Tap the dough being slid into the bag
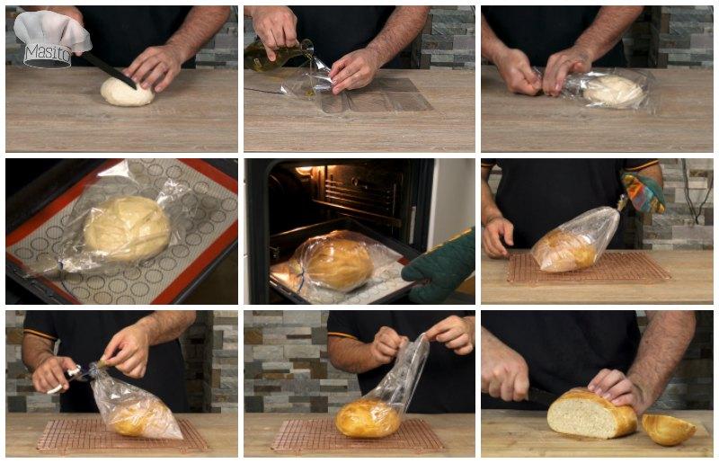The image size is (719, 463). (x=614, y=89)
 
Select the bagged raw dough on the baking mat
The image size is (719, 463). (x=126, y=227)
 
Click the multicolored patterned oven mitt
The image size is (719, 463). (x=643, y=191)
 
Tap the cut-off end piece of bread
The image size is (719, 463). (x=668, y=429)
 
